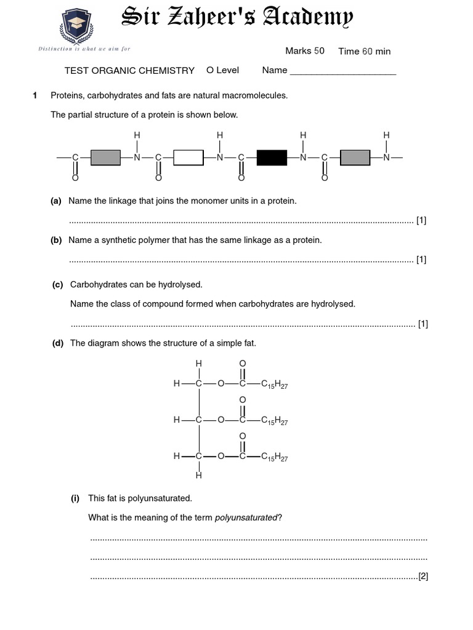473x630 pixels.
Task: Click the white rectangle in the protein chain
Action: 188,157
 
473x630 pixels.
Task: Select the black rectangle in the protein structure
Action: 272,157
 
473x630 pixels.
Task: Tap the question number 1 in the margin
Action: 35,95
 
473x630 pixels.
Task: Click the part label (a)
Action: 56,201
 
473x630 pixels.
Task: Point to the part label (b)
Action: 56,240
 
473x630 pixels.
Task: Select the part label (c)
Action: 58,284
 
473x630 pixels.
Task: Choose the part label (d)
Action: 58,343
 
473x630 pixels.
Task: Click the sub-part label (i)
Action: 75,498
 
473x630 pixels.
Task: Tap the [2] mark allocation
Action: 423,576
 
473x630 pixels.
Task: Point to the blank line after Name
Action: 342,71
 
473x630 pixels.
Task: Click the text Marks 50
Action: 304,51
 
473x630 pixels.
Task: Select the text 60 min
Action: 376,52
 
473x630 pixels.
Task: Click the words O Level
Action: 222,70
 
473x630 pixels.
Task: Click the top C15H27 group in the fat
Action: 275,385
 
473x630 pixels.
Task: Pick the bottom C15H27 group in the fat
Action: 275,457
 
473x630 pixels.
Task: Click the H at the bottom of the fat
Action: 199,476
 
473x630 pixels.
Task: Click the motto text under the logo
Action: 84,49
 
